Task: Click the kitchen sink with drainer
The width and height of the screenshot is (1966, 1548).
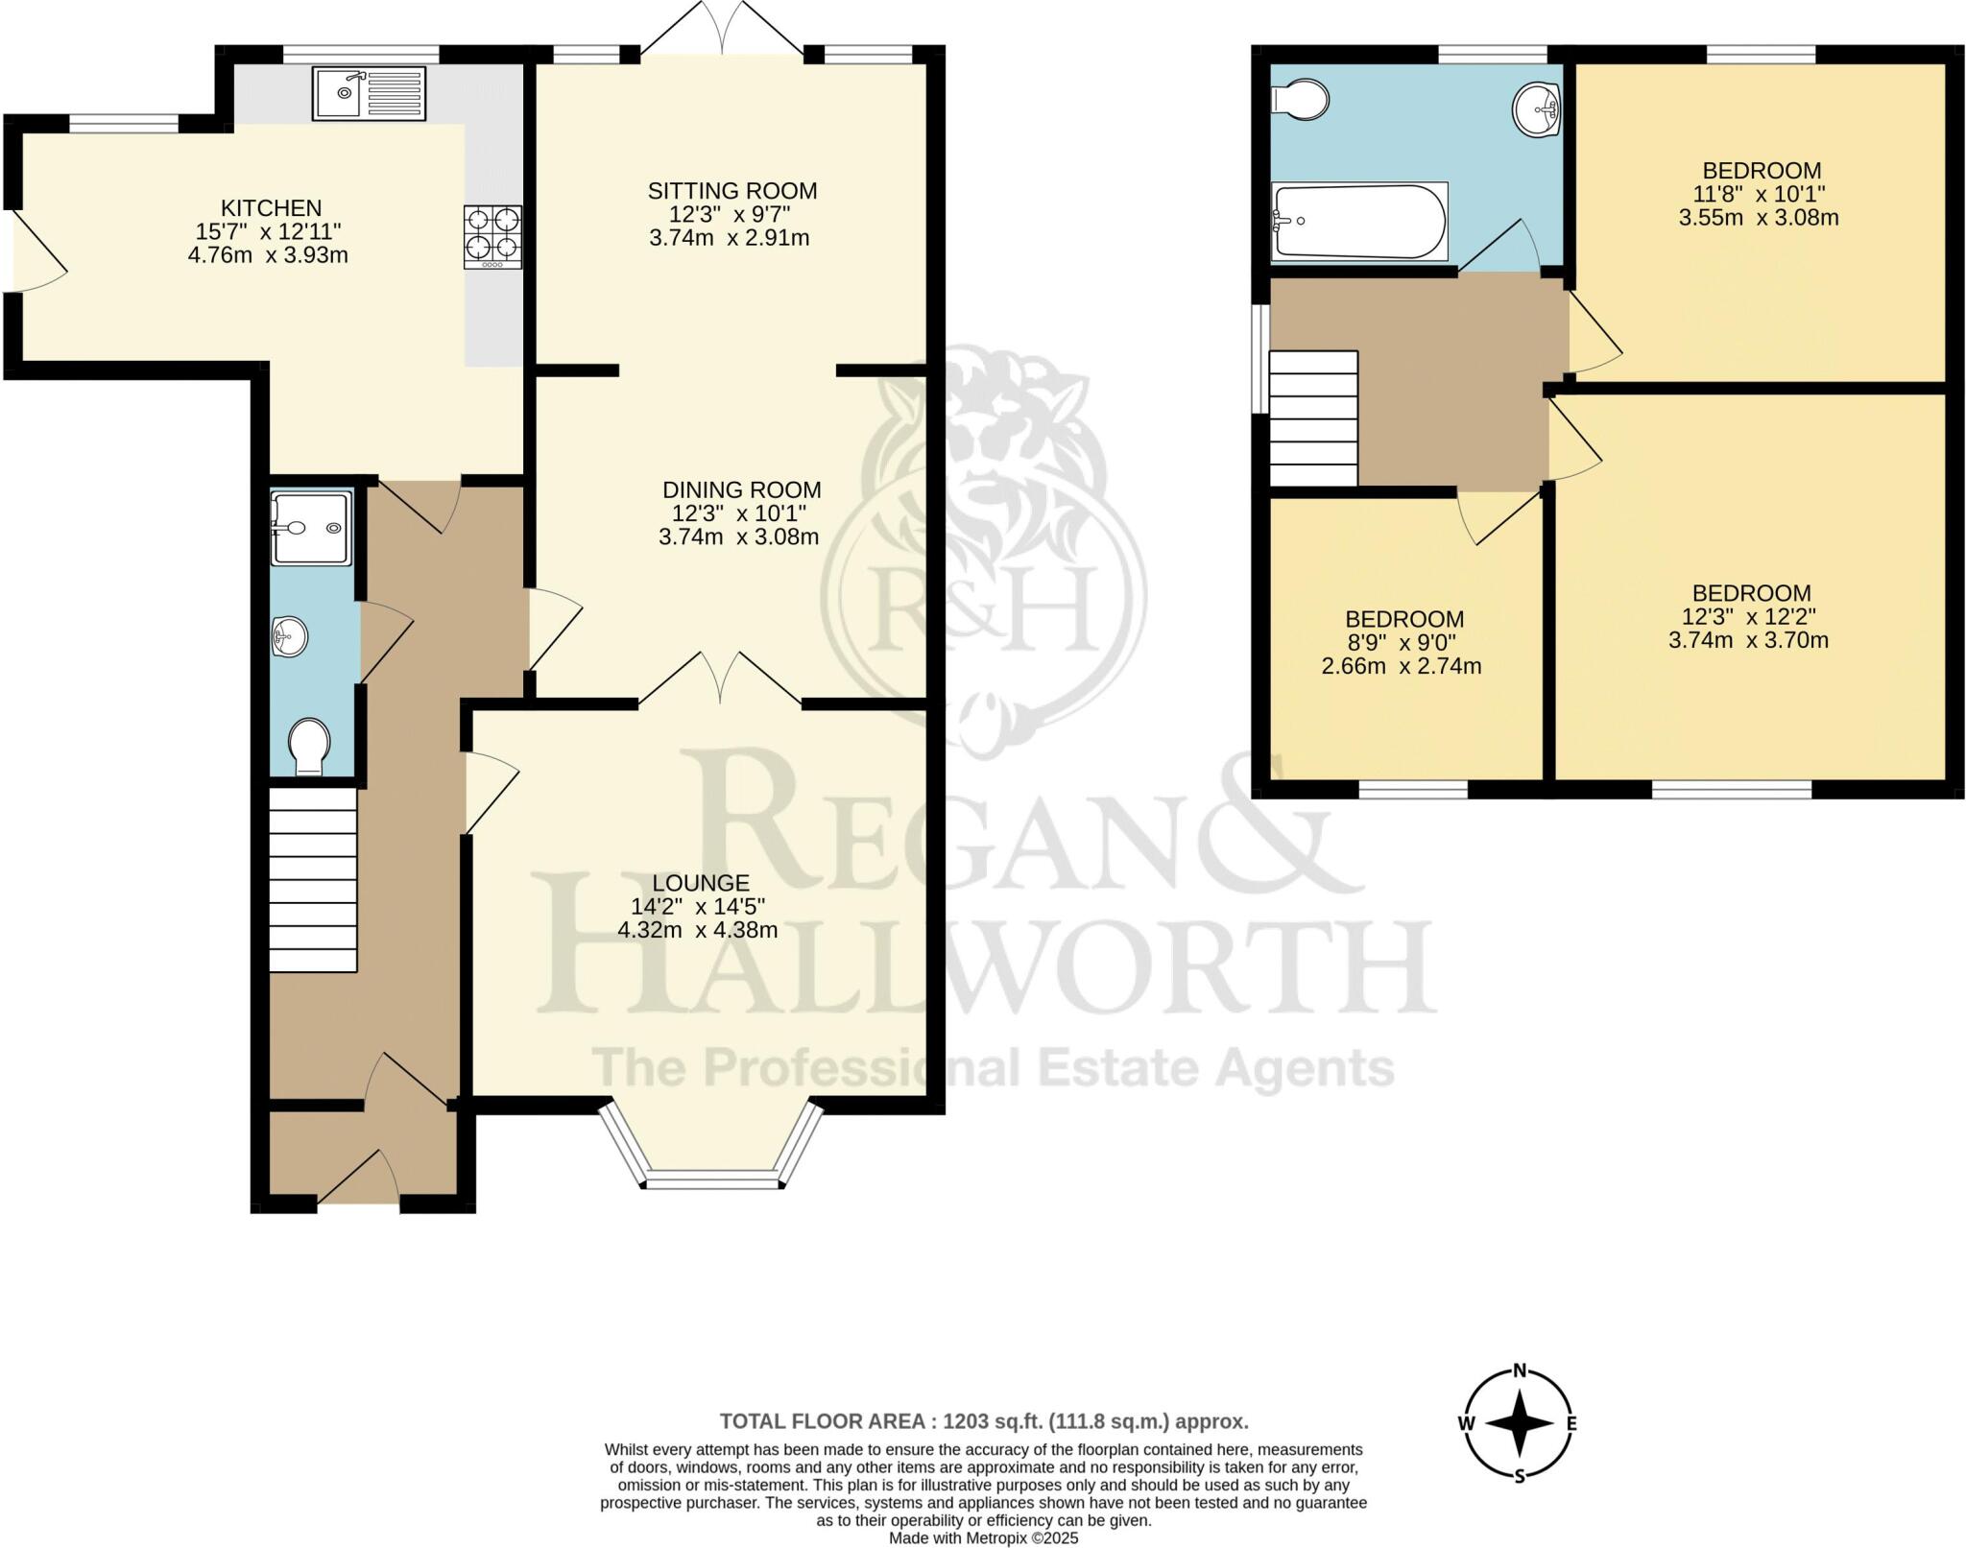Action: [369, 92]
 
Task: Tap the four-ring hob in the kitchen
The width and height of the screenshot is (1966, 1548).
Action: [492, 237]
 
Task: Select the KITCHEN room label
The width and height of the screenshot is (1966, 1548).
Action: [271, 208]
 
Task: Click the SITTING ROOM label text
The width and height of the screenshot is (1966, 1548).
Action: [731, 191]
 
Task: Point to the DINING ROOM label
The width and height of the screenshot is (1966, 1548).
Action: [741, 490]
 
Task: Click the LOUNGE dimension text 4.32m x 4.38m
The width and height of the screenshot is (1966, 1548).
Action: [697, 930]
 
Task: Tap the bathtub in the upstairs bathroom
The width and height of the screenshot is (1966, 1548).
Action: [1358, 222]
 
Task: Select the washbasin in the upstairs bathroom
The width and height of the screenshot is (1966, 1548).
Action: [1536, 110]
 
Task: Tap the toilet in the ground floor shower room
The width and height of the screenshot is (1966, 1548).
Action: [309, 746]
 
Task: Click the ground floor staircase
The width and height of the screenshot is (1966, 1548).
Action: [313, 879]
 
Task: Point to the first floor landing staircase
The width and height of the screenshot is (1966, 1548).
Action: [1312, 418]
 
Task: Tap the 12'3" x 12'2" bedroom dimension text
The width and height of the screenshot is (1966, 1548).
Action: [1749, 617]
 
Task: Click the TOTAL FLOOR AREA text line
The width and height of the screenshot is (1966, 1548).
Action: [983, 1421]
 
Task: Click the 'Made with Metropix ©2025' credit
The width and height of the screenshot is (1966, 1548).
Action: [983, 1538]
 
